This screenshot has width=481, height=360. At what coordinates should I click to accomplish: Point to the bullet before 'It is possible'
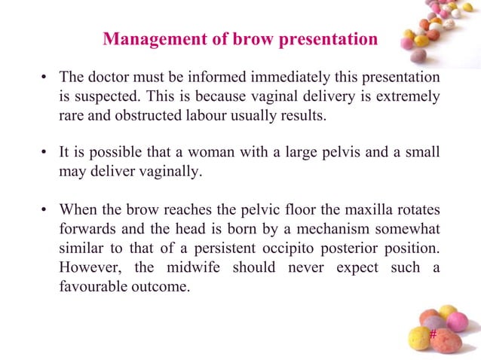tap(44, 152)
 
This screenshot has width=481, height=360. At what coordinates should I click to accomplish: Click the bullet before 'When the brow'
tap(44, 209)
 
